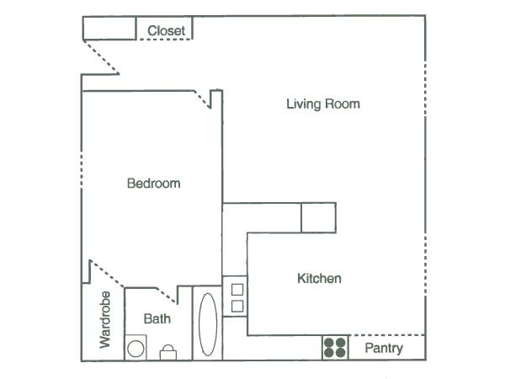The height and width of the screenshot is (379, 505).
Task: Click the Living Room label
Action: [x=323, y=104]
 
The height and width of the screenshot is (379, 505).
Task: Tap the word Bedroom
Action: [x=154, y=184]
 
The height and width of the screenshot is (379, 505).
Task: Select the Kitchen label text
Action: [x=319, y=279]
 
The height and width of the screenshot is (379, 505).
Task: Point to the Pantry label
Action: [x=384, y=349]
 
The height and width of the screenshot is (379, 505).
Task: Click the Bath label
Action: [x=157, y=318]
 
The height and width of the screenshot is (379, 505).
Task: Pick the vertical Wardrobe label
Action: [x=105, y=320]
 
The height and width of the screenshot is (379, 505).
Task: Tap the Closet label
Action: [x=166, y=31]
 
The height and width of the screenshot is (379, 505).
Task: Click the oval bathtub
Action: [x=208, y=324]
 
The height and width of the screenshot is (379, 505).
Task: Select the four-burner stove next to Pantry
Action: [x=335, y=348]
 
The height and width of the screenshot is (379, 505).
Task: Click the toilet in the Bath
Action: [x=168, y=353]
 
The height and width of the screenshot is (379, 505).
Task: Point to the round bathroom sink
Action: [x=136, y=349]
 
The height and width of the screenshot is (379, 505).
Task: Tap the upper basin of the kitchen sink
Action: [x=237, y=290]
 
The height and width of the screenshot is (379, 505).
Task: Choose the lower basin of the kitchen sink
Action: [x=237, y=307]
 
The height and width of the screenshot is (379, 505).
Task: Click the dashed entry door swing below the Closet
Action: [x=102, y=57]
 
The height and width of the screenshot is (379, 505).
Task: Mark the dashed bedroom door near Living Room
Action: [x=202, y=99]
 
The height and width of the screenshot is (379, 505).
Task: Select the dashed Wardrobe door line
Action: [x=108, y=274]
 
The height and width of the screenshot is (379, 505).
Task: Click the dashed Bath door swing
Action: [x=166, y=296]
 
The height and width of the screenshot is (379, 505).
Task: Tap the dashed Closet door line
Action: [x=164, y=40]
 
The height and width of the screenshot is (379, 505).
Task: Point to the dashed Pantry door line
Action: [x=387, y=335]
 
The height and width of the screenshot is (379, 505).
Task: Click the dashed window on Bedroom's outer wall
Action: [x=81, y=170]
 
